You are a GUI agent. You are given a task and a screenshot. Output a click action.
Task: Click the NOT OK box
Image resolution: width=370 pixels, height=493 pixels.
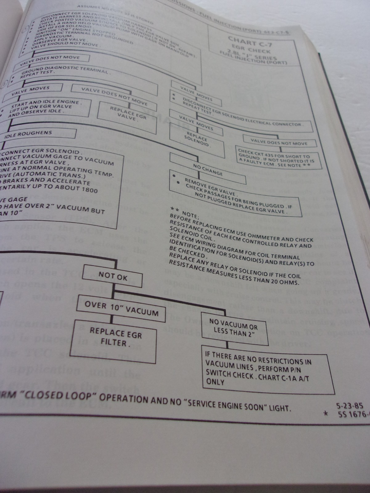[112, 276]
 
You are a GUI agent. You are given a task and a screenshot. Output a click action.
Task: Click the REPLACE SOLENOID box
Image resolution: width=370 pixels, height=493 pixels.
[197, 142]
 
